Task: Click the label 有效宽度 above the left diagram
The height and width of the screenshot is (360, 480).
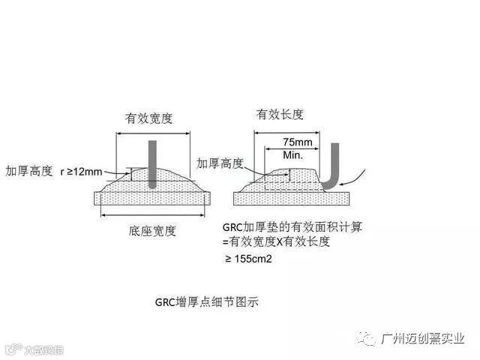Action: click(150, 118)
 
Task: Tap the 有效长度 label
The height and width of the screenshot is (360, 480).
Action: click(280, 114)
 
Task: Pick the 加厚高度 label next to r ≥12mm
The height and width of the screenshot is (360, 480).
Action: click(27, 172)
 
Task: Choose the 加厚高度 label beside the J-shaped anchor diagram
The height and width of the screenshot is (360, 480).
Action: click(219, 163)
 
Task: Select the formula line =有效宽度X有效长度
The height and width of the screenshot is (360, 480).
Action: click(275, 241)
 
